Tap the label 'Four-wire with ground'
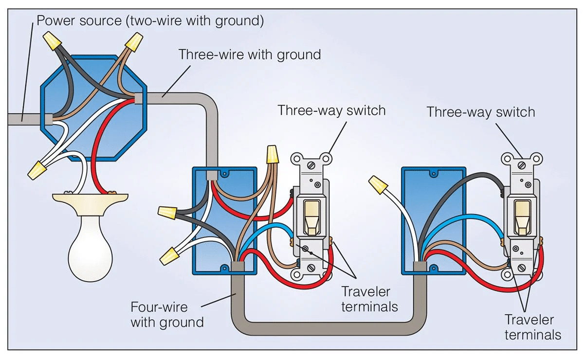click(167, 315)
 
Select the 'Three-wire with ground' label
click(250, 54)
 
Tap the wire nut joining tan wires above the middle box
click(273, 156)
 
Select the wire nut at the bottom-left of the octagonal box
click(37, 170)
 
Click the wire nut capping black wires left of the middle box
click(167, 213)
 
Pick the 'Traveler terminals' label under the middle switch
click(369, 299)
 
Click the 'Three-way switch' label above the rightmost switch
click(480, 112)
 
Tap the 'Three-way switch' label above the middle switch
click(331, 110)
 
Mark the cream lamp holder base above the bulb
click(90, 204)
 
